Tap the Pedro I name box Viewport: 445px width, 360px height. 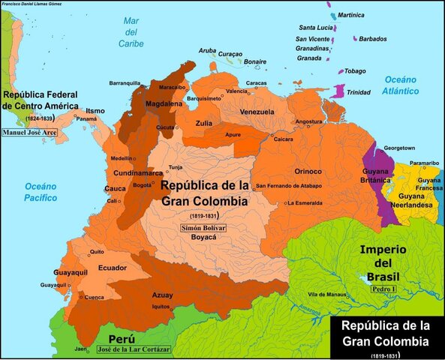pos(384,287)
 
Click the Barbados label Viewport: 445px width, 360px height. pos(373,39)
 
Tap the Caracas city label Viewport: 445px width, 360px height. pos(256,83)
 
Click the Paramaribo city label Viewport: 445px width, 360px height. pos(424,163)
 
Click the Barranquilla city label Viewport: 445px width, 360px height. pos(125,82)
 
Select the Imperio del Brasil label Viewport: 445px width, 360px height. pos(383,263)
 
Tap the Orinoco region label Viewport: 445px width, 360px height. pos(308,171)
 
